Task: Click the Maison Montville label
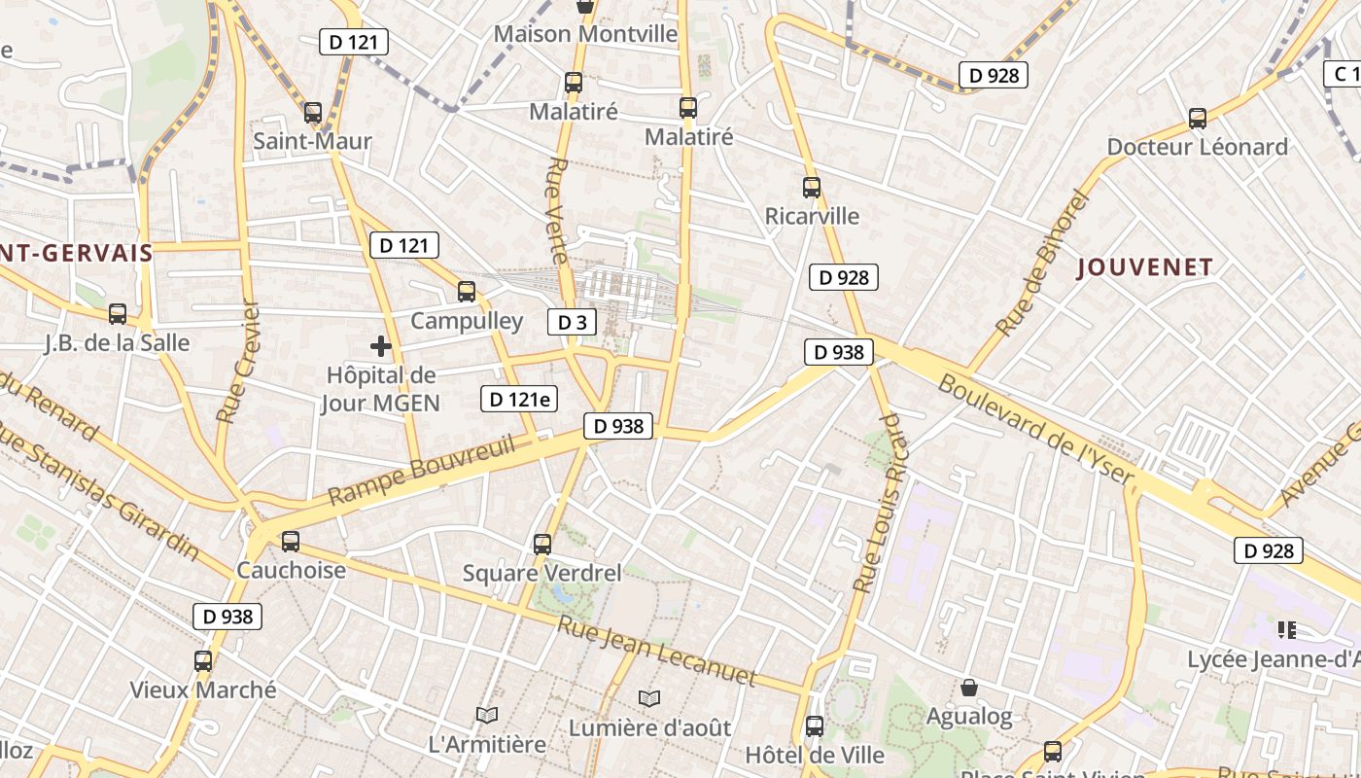pyautogui.click(x=585, y=34)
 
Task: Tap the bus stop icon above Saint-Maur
pyautogui.click(x=312, y=113)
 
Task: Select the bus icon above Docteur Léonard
pyautogui.click(x=1197, y=119)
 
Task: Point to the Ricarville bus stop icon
pyautogui.click(x=812, y=188)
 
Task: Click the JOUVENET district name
pyautogui.click(x=1145, y=267)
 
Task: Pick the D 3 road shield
pyautogui.click(x=572, y=322)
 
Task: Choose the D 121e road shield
pyautogui.click(x=519, y=398)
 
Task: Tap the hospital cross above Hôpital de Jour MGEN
pyautogui.click(x=380, y=345)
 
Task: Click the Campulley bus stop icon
pyautogui.click(x=467, y=292)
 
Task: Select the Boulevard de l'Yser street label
pyautogui.click(x=1036, y=429)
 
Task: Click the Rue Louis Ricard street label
pyautogui.click(x=878, y=503)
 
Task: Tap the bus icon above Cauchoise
pyautogui.click(x=290, y=542)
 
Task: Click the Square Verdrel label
pyautogui.click(x=541, y=573)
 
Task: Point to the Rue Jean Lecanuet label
pyautogui.click(x=655, y=650)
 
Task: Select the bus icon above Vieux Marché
pyautogui.click(x=202, y=661)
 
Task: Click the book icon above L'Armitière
pyautogui.click(x=487, y=716)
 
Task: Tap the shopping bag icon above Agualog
pyautogui.click(x=968, y=689)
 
